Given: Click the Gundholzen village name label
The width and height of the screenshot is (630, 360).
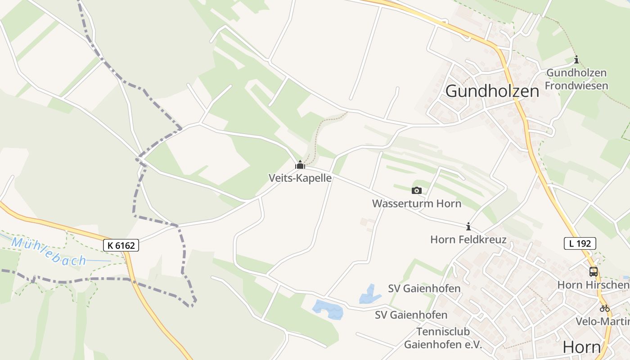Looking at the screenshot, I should [492, 91].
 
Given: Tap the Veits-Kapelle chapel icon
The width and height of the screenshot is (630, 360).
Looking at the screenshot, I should [300, 165].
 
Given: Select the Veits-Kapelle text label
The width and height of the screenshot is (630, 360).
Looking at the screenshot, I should [300, 178].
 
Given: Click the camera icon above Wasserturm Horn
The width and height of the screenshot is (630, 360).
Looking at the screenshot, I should [417, 190].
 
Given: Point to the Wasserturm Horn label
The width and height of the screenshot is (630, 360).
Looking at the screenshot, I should [417, 203].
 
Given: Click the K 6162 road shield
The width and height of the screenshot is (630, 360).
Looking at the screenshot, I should [121, 245].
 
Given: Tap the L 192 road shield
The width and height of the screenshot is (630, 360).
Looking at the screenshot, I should [580, 243].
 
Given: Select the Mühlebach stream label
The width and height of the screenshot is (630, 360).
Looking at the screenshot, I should [49, 251].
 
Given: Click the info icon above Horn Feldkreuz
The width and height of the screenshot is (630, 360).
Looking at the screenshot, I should [468, 226].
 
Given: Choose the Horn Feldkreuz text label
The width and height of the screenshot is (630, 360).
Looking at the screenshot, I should [468, 239].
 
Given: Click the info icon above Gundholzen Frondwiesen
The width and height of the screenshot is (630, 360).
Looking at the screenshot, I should [576, 59].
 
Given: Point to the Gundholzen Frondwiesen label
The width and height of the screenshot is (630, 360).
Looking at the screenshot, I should [576, 79].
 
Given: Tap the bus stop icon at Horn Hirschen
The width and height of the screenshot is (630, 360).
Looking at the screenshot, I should [594, 271].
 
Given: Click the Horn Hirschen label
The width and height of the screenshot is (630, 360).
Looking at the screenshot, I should [593, 285].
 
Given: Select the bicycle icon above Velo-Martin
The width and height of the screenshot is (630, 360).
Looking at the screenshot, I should [604, 308].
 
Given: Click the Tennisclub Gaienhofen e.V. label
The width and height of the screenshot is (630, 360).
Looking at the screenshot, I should [443, 338].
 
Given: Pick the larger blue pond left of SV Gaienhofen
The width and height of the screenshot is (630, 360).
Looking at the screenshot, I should [328, 309].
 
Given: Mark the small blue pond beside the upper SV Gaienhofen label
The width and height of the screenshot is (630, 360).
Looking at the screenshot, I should [369, 294].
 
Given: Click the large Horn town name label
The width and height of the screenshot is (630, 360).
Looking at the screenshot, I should [582, 347].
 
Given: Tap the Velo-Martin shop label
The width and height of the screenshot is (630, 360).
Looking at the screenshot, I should [603, 321].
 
